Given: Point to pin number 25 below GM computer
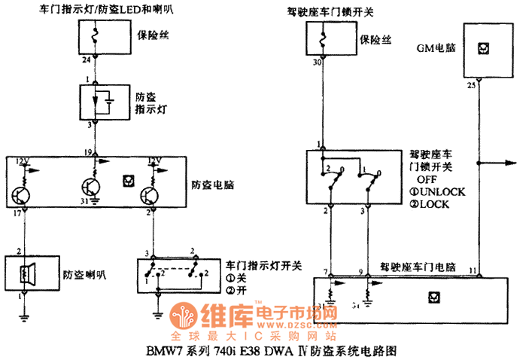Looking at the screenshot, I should [x=471, y=85].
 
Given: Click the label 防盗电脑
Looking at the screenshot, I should [x=211, y=183].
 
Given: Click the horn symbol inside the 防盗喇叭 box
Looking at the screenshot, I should [x=27, y=274].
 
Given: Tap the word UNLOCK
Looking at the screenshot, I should [x=442, y=192].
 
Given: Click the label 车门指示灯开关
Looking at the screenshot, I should [x=263, y=265].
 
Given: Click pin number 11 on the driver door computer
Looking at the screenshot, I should [x=472, y=269].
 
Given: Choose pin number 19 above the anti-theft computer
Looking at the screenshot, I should [x=88, y=152].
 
